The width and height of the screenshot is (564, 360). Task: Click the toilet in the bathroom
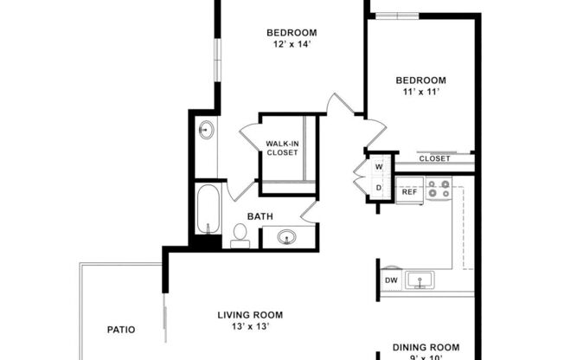pos(240,234)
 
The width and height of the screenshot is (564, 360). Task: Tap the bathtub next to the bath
pos(206,209)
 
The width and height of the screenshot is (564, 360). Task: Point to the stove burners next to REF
pos(439,189)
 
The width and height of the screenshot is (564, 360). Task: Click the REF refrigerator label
pos(409,191)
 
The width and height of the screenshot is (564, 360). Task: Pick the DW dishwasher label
pos(391,280)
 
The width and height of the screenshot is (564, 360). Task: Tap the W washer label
pos(379,166)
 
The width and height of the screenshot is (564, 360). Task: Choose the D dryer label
pos(379,188)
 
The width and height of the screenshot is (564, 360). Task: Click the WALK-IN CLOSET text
pos(282,147)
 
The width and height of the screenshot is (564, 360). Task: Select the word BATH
pos(262,216)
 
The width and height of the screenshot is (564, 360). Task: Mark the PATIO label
pos(121,329)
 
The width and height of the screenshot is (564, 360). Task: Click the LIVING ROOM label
pos(250,314)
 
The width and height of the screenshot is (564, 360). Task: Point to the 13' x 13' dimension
pos(250,327)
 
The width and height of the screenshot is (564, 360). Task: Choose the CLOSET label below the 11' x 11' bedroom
pos(434,159)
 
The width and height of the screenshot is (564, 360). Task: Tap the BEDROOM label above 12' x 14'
pos(289,34)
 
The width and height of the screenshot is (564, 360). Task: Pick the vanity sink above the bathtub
pos(206,132)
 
